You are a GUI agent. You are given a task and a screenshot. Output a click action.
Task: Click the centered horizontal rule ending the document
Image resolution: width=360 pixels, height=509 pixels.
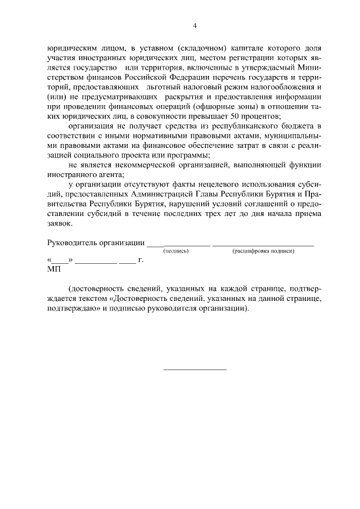[x=195, y=370]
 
